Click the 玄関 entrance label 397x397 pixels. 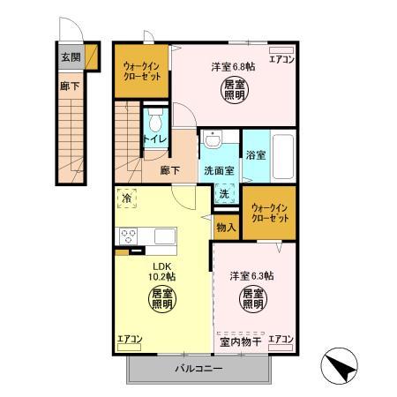[x=71, y=56]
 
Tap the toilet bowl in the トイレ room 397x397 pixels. [x=156, y=124]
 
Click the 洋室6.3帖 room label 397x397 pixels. [x=251, y=275]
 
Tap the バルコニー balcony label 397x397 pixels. [x=198, y=367]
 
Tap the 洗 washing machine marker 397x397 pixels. [x=224, y=194]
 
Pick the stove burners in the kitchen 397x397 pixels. [x=127, y=236]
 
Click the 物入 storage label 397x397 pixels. [x=225, y=227]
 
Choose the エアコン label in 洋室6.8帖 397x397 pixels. [x=281, y=61]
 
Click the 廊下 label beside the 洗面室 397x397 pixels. [x=171, y=170]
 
